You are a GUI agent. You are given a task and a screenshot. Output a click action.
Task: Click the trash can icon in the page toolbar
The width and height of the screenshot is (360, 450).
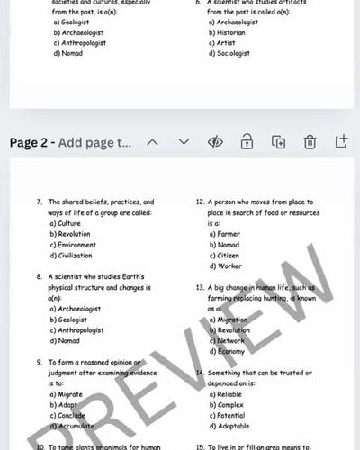coord(310,142)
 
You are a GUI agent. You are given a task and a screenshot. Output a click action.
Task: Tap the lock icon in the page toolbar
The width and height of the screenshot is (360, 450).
coord(247,142)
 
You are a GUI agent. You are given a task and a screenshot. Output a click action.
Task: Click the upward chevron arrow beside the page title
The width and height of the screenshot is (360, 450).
coord(152,142)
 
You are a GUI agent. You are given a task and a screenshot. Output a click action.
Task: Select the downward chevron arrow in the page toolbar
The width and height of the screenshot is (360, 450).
coord(184,142)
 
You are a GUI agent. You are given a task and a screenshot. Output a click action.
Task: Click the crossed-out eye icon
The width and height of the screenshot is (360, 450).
coord(215,142)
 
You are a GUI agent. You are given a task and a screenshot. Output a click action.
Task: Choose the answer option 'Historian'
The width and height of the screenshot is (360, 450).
coord(233,32)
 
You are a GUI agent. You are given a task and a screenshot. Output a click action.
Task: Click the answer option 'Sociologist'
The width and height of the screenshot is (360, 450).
coord(236,53)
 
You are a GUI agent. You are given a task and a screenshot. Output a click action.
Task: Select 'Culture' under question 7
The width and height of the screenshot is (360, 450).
coord(68,223)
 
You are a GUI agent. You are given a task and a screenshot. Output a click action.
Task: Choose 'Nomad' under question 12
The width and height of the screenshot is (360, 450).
coord(227,245)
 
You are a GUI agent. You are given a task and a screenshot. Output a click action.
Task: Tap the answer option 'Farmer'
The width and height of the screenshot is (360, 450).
coord(228,234)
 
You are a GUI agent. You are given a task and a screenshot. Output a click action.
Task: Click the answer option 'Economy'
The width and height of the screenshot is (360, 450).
coord(231,351)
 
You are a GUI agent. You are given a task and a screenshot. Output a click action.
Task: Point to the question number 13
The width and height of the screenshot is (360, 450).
coord(201,287)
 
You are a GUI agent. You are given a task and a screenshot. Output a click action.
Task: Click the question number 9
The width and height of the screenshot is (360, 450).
coord(40,362)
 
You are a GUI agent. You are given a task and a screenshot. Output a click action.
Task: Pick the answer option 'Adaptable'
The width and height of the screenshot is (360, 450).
coord(234,425)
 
